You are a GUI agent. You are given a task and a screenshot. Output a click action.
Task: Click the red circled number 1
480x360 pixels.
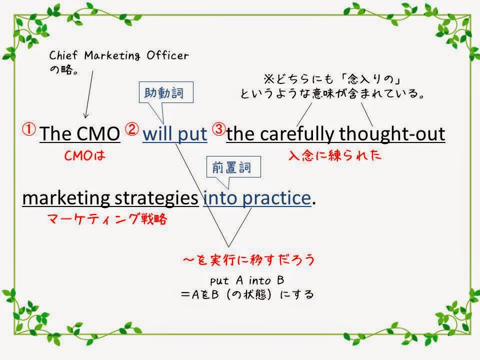point(29,129)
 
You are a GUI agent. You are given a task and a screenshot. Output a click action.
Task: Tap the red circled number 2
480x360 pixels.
point(132,129)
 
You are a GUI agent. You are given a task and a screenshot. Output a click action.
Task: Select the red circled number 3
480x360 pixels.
point(219,129)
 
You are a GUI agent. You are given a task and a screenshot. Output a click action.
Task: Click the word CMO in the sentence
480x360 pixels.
point(98,134)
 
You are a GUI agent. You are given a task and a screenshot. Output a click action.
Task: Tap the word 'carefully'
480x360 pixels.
point(297,134)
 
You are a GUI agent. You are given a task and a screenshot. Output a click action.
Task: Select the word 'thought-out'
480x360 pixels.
point(392,134)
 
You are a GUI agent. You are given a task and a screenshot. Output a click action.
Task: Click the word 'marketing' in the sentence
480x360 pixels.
point(66,199)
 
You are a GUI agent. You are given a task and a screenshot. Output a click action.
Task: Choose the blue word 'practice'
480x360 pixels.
point(276,198)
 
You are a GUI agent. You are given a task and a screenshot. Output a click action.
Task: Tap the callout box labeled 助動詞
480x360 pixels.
point(166,92)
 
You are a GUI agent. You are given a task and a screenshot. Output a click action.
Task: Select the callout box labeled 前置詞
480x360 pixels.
point(233,167)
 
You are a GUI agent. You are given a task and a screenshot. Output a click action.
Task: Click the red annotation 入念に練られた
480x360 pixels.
point(335,155)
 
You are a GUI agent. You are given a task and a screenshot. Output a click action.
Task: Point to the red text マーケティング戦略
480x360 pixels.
point(107,219)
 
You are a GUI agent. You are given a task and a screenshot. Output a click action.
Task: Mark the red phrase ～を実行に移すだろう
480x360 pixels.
point(248,260)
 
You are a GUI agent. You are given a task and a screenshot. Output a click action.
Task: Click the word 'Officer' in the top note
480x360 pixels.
point(167,55)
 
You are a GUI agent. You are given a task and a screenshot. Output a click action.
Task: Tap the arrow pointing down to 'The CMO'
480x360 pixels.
point(89,94)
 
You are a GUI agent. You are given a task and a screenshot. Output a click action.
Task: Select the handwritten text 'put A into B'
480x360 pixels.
point(247,280)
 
